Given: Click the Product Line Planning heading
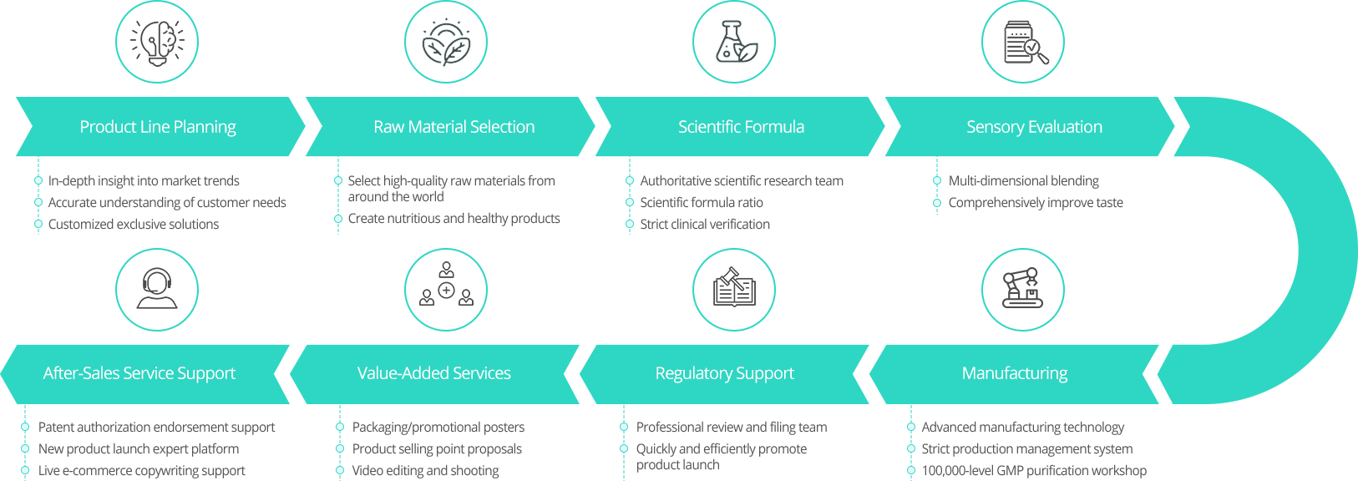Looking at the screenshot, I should [158, 127].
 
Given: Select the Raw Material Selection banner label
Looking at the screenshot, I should [454, 127].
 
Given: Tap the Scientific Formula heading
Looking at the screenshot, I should [741, 127].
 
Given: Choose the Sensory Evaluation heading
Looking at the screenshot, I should [1034, 127].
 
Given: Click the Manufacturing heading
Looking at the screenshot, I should [1014, 373].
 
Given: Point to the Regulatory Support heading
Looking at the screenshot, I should [724, 373].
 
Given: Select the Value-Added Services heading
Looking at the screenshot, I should [433, 373].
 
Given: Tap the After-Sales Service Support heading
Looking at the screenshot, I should [139, 373].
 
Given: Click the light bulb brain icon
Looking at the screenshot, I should [157, 42].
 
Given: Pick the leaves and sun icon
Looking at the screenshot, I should [446, 42].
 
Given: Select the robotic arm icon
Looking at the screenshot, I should [1023, 289].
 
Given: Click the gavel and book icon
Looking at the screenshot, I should [734, 289].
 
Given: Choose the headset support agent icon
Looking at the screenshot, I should [157, 289].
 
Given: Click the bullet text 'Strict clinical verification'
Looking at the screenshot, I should [705, 224].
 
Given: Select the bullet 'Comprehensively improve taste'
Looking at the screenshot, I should [1036, 202].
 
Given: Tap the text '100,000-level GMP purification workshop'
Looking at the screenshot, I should [1034, 470].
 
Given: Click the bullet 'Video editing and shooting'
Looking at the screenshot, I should [425, 470].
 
